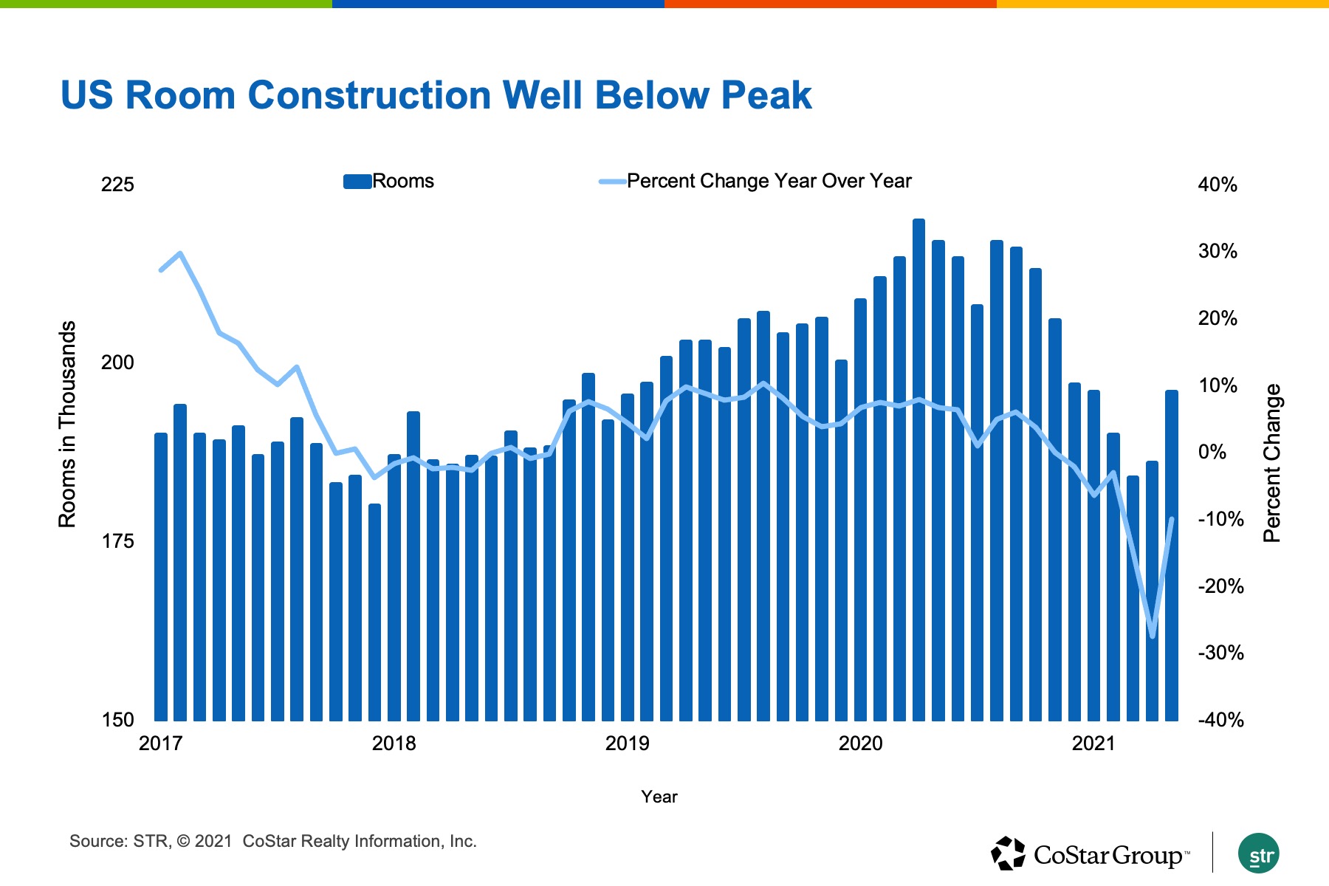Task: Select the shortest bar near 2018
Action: (x=374, y=612)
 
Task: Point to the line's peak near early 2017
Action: (x=180, y=253)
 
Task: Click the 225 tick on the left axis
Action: (x=117, y=185)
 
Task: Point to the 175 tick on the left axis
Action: (x=117, y=542)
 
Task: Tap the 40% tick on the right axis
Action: (x=1218, y=185)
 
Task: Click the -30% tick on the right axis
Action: (x=1220, y=653)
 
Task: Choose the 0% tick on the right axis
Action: (x=1212, y=452)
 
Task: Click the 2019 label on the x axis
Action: (x=627, y=744)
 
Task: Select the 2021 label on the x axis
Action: (x=1093, y=744)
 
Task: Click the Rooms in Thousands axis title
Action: (x=67, y=425)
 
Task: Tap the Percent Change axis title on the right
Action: (x=1272, y=463)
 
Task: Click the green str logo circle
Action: (x=1259, y=854)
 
